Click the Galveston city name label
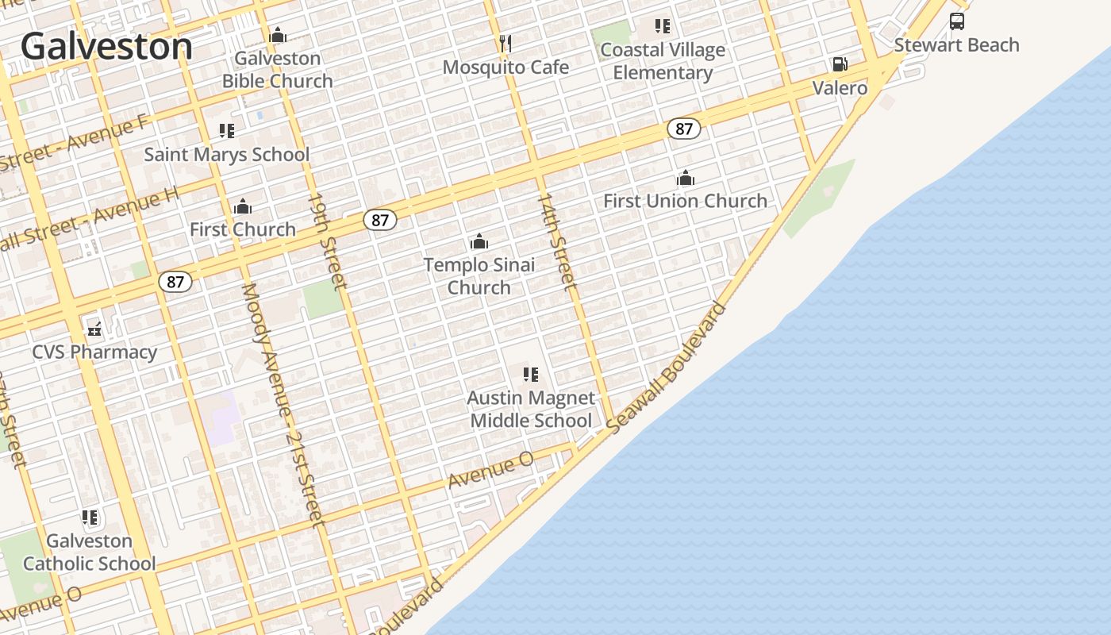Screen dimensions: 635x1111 (x=106, y=46)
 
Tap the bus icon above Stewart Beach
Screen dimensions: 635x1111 (x=957, y=21)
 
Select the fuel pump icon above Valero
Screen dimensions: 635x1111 (x=840, y=64)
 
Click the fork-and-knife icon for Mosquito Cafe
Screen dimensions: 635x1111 (x=505, y=42)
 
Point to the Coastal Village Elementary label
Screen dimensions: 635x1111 (x=663, y=61)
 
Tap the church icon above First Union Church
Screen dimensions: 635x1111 (x=686, y=178)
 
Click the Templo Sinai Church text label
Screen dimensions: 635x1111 (x=479, y=275)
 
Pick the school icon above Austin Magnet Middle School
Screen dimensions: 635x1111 (x=531, y=374)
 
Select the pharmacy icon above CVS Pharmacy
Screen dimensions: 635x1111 (x=94, y=329)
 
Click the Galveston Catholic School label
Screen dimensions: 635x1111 (x=90, y=552)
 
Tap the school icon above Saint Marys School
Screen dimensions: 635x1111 (x=227, y=131)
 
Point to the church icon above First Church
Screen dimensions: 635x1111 (x=243, y=207)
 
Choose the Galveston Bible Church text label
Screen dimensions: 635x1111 (x=278, y=69)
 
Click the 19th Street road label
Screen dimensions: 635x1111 (x=328, y=240)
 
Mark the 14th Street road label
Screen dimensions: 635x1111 (x=556, y=240)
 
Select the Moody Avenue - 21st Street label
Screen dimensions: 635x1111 (x=283, y=405)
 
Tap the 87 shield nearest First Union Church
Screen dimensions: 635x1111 (x=683, y=129)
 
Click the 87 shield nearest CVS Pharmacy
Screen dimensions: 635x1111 (x=175, y=281)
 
